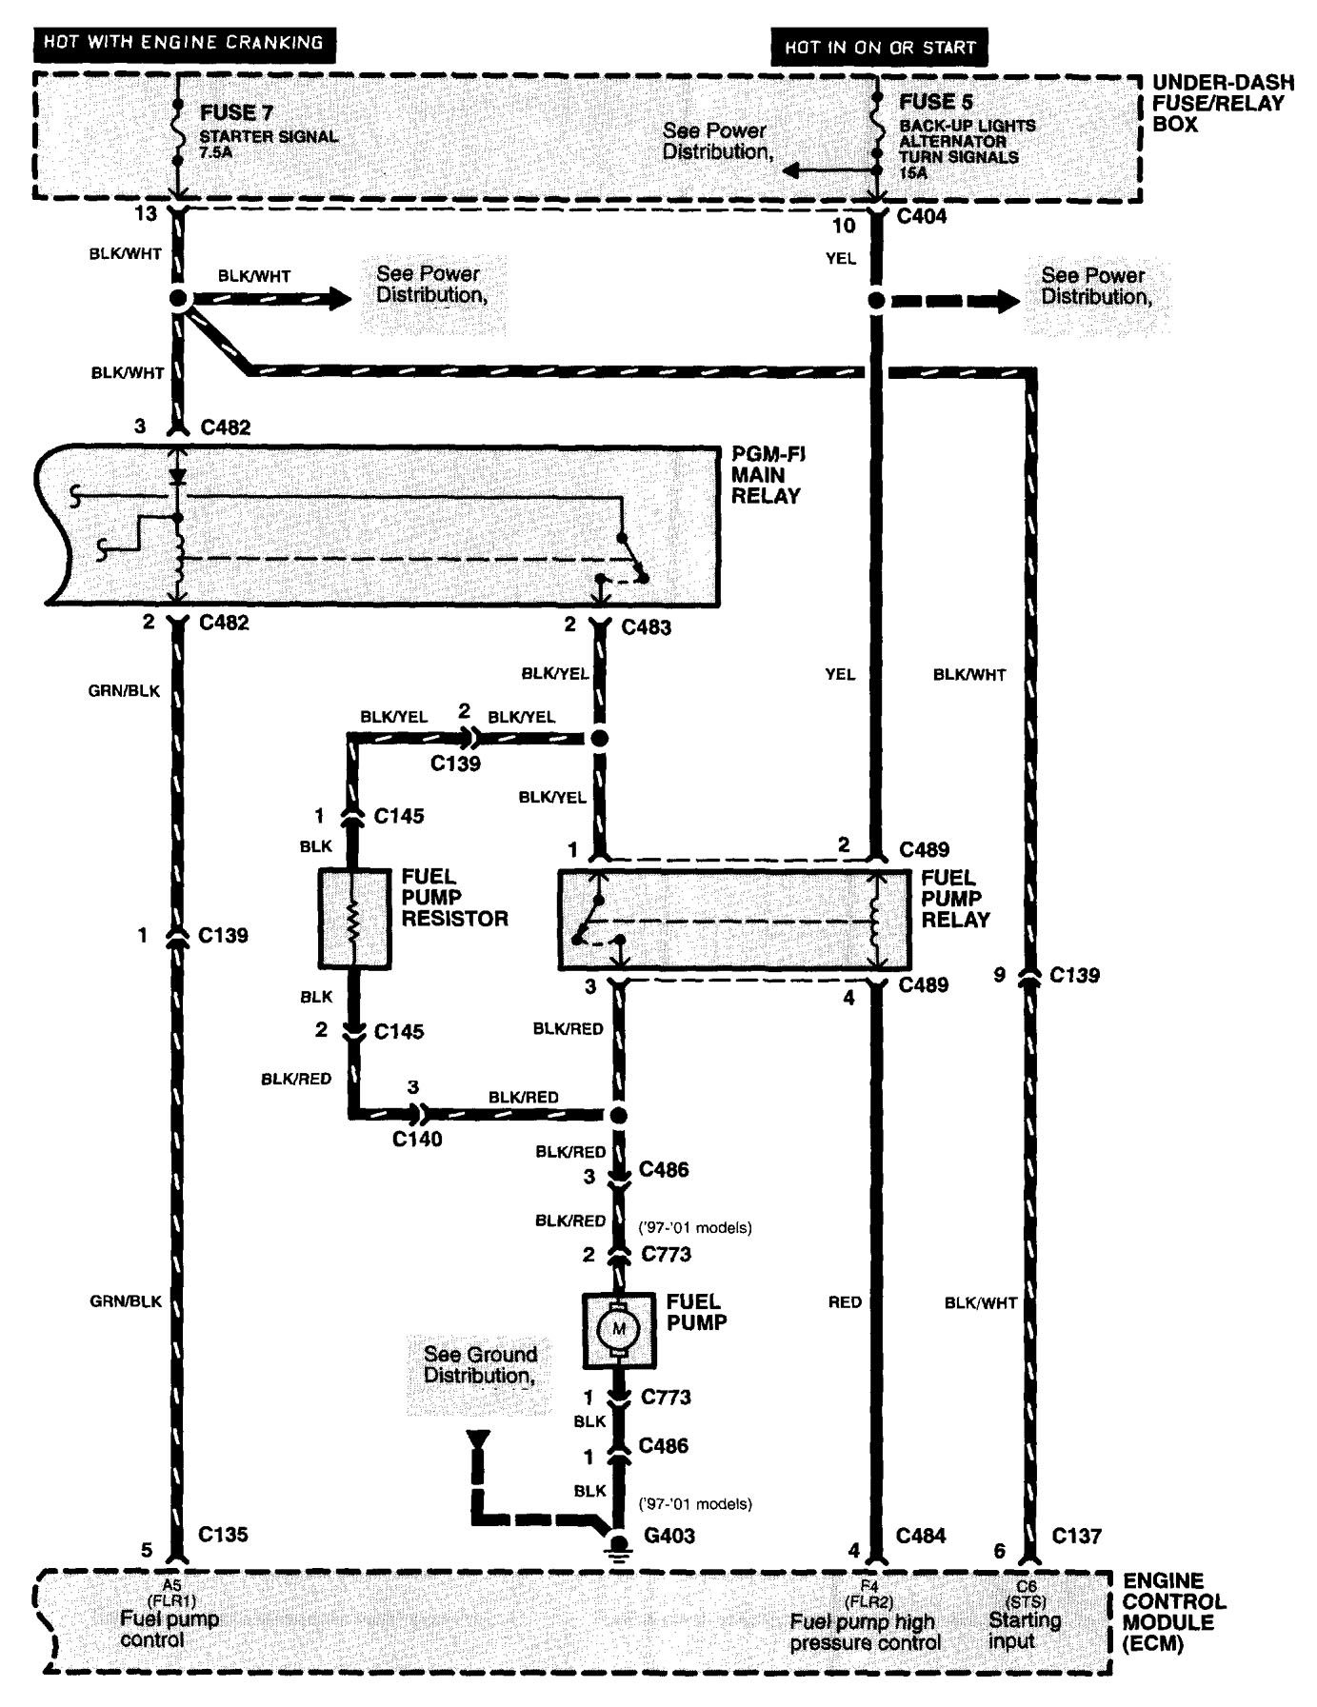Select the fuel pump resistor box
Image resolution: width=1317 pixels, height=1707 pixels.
353,918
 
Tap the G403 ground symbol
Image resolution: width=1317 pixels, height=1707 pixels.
618,1542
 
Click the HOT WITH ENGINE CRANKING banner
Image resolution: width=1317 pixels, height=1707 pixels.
184,42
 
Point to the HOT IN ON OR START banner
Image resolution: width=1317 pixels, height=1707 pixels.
880,47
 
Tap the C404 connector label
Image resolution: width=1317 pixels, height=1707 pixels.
923,216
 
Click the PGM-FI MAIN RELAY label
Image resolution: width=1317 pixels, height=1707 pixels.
768,475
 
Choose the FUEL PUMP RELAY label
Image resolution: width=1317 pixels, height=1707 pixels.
955,898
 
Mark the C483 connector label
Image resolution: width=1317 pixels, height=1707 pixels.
647,627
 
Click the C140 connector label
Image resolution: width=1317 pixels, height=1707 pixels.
417,1138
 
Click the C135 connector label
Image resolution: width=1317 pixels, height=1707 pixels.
223,1534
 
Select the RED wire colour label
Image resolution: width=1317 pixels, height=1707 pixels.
845,1301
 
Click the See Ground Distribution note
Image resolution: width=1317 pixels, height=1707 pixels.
481,1364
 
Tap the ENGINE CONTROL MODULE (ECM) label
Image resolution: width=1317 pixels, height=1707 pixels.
1174,1612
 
